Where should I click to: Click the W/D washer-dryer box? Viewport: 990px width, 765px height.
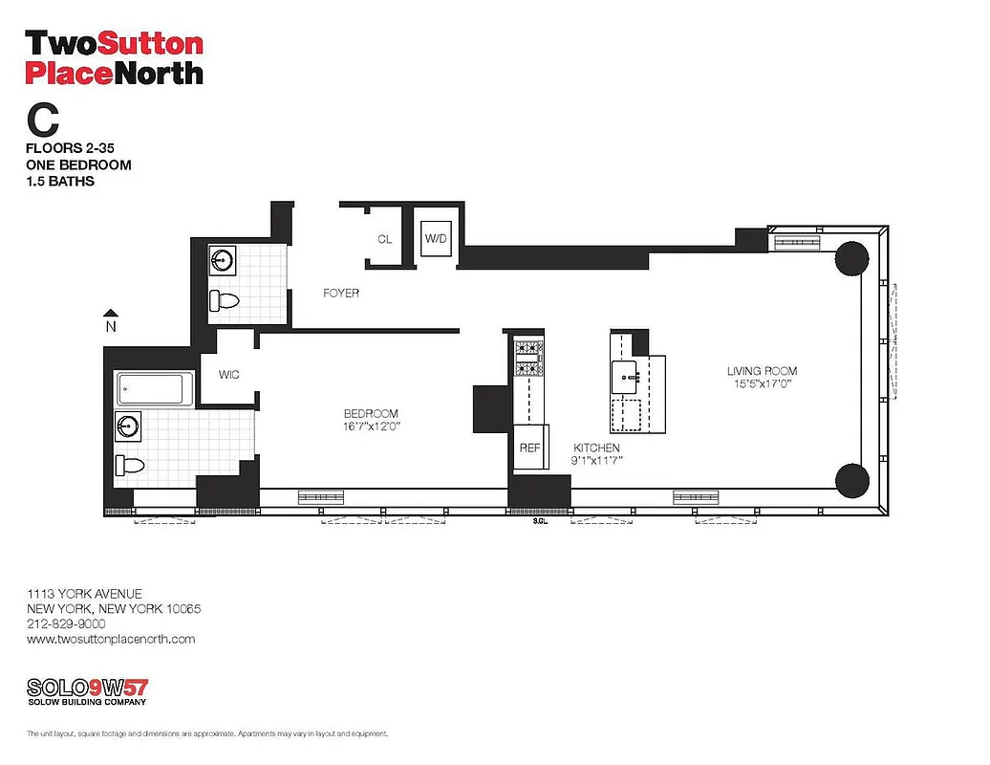(x=436, y=238)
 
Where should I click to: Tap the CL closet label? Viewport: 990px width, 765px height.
(x=384, y=239)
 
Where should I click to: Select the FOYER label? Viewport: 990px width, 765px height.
(x=340, y=293)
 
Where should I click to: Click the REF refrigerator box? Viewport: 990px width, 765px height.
(x=529, y=448)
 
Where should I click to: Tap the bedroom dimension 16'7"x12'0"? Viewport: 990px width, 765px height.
(x=371, y=426)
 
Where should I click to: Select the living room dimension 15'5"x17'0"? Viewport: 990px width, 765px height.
(x=762, y=383)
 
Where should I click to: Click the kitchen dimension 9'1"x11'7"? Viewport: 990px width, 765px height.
(x=596, y=460)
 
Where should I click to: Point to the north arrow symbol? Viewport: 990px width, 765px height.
(x=111, y=313)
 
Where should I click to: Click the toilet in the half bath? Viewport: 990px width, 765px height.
(x=225, y=300)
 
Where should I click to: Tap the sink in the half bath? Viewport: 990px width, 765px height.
(x=222, y=259)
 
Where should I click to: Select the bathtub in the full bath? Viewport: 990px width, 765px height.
(x=150, y=388)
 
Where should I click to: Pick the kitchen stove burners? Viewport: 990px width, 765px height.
(x=528, y=358)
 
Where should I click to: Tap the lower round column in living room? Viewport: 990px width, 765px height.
(x=851, y=479)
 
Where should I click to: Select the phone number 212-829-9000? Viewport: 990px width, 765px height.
(x=66, y=623)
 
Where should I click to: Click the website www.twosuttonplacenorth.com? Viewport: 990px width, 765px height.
(x=111, y=639)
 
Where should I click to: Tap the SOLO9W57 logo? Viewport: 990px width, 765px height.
(x=87, y=688)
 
